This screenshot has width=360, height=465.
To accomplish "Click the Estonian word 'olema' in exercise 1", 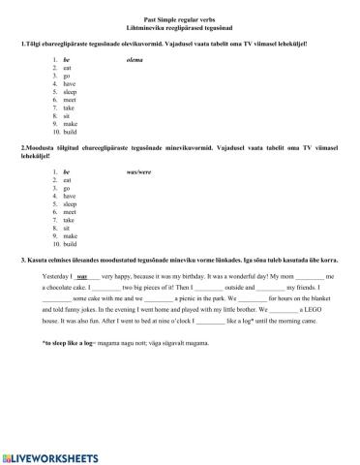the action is click(x=135, y=60).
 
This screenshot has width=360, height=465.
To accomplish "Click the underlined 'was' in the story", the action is click(x=81, y=277).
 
